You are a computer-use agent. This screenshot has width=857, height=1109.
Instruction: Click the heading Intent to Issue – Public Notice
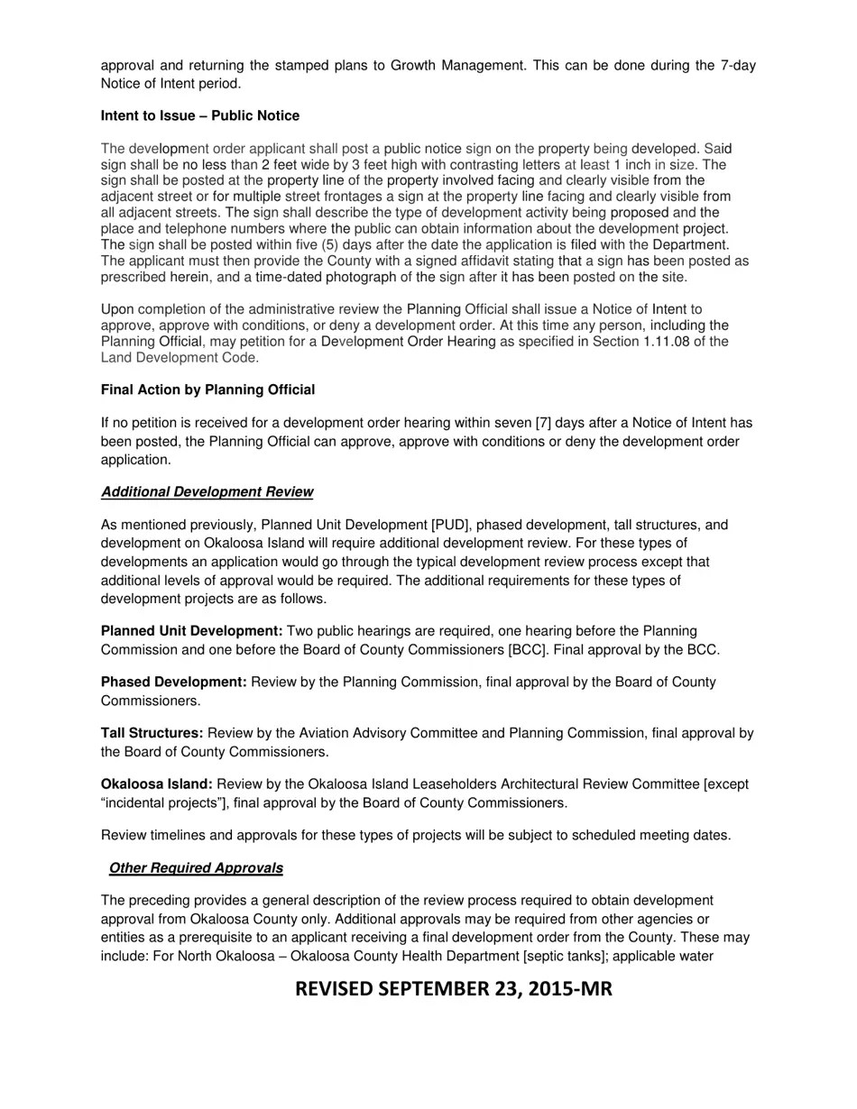coord(199,116)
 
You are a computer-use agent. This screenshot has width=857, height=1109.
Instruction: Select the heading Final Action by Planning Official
coord(207,390)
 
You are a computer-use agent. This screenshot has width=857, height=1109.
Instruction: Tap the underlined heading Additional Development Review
coord(207,492)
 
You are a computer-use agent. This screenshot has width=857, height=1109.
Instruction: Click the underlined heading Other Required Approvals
coord(196,868)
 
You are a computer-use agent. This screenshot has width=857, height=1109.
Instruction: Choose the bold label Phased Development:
coord(173,682)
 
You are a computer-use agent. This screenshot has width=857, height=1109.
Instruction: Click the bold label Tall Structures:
coord(152,733)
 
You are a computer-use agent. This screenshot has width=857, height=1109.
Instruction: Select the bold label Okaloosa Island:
coord(156,784)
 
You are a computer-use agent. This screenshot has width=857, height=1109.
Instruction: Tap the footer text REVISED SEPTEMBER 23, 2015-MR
coord(453,989)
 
